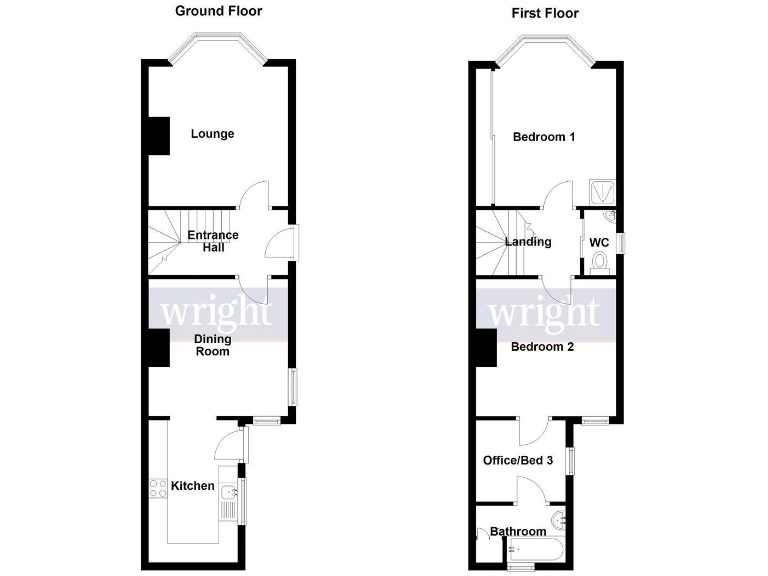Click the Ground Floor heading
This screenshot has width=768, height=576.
click(x=218, y=11)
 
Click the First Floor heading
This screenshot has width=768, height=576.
click(x=544, y=13)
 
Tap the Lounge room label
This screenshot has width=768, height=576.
click(x=213, y=134)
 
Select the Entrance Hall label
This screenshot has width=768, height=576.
click(x=213, y=242)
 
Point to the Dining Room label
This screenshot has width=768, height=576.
click(x=212, y=345)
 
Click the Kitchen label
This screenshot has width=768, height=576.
click(x=192, y=486)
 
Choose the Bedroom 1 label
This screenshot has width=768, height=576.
click(x=543, y=137)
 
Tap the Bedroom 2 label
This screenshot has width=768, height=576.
click(x=541, y=348)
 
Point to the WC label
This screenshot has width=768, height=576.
click(x=599, y=243)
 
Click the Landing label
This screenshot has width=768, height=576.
click(x=528, y=242)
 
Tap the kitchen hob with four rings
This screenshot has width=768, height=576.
click(x=158, y=489)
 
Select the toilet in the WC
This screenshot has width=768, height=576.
click(x=599, y=262)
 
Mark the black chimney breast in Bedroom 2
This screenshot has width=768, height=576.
click(x=486, y=348)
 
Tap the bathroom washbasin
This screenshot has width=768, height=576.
click(x=559, y=520)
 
